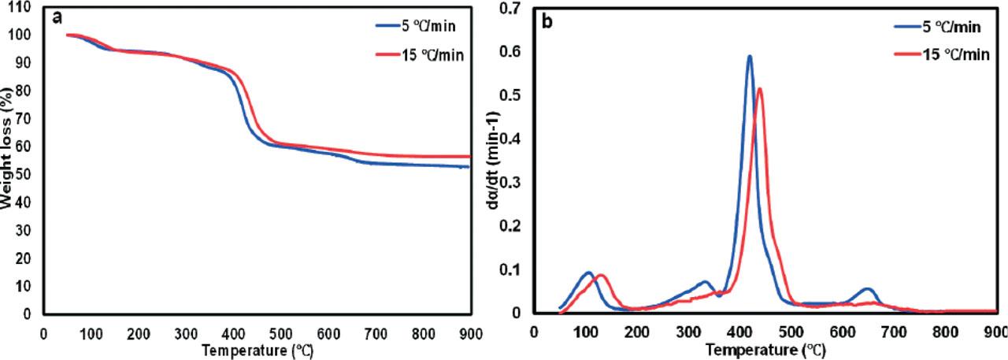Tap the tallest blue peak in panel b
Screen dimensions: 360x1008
coord(750,56)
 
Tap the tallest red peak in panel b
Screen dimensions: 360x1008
coord(760,88)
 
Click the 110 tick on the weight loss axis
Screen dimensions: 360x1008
coord(23,7)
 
